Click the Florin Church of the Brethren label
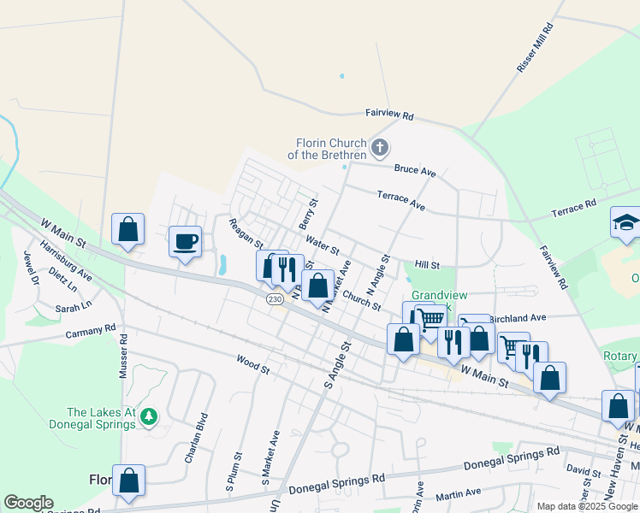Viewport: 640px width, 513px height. [331, 149]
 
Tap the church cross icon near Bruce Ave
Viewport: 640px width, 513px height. [380, 150]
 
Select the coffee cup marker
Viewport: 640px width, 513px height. [184, 241]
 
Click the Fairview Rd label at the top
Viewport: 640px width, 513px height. [389, 114]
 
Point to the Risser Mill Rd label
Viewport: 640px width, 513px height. [536, 47]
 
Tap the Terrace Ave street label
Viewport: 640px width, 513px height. [401, 201]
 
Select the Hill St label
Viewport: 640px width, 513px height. [426, 266]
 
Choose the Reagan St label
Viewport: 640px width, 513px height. [246, 233]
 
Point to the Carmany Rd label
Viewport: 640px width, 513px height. [91, 331]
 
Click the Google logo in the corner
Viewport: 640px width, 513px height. [28, 503]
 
